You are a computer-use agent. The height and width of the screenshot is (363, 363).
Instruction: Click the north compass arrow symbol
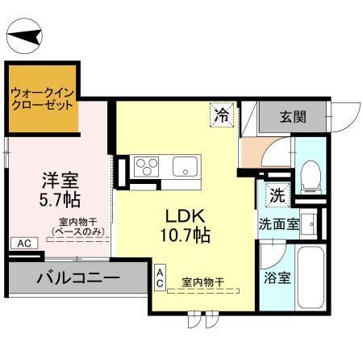26,35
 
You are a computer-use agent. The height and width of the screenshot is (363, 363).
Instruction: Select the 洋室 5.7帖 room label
60,186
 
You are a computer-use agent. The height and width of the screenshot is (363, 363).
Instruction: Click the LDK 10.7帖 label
188,227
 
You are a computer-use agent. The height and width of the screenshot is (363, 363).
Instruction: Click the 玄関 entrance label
293,116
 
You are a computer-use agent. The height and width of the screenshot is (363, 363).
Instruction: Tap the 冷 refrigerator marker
221,116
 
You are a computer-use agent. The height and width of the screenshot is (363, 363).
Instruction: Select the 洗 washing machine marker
277,194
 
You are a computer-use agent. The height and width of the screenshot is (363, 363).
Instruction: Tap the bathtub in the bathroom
311,282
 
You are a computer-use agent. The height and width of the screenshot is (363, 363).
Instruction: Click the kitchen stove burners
148,168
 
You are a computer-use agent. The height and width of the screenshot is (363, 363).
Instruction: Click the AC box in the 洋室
23,243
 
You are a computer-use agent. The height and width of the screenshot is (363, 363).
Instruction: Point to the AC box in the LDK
160,278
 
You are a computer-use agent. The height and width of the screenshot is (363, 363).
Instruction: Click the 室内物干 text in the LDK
202,281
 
